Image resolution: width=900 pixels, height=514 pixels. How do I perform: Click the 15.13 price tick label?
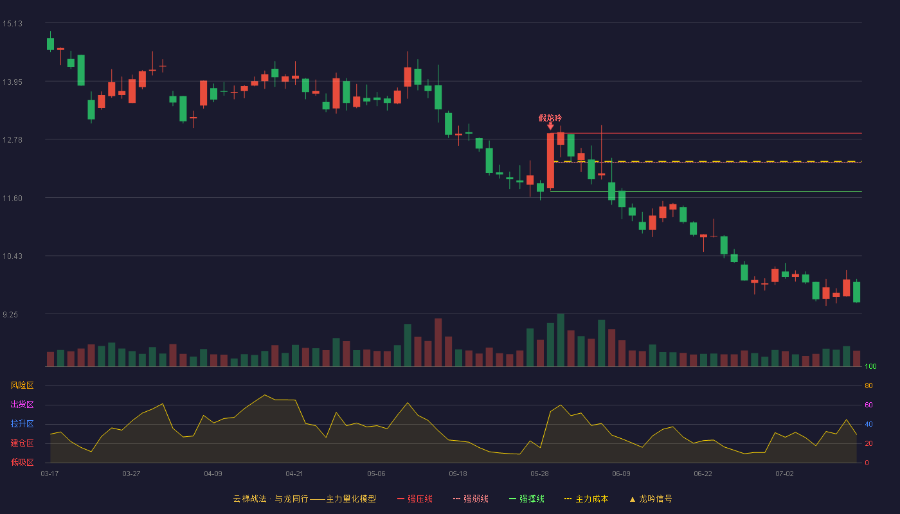coord(12,24)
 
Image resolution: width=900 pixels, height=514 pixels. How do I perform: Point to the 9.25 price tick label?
coord(10,315)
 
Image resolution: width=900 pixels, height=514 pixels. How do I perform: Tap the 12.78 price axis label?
coord(12,140)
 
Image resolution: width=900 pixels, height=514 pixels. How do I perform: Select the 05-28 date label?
coord(539,474)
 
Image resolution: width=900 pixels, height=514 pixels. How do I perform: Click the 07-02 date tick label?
coord(785,474)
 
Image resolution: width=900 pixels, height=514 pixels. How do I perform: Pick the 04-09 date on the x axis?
coord(213,474)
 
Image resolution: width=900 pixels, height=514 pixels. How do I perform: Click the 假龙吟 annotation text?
coord(550,118)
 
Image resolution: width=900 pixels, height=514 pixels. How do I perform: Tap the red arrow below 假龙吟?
coord(550,127)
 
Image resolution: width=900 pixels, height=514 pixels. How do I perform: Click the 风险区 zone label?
coord(22,385)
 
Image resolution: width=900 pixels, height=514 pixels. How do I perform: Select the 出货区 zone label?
coord(22,404)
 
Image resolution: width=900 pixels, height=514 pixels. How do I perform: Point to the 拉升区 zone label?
coord(22,423)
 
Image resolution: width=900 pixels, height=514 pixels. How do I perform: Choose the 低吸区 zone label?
coord(22,462)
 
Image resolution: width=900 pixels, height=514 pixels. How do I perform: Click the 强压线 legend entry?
coord(415,499)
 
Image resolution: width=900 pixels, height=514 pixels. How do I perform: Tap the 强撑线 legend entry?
coord(526,499)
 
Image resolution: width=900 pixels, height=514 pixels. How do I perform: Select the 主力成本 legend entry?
coord(586,499)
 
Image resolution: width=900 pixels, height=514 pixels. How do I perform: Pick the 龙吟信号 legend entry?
coord(651,499)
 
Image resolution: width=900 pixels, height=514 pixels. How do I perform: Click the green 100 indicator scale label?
coord(870,366)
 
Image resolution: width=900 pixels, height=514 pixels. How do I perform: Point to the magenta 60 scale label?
coord(869,405)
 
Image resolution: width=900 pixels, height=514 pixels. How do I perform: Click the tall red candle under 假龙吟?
coord(550,161)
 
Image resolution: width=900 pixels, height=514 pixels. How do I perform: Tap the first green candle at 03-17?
coord(50,44)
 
